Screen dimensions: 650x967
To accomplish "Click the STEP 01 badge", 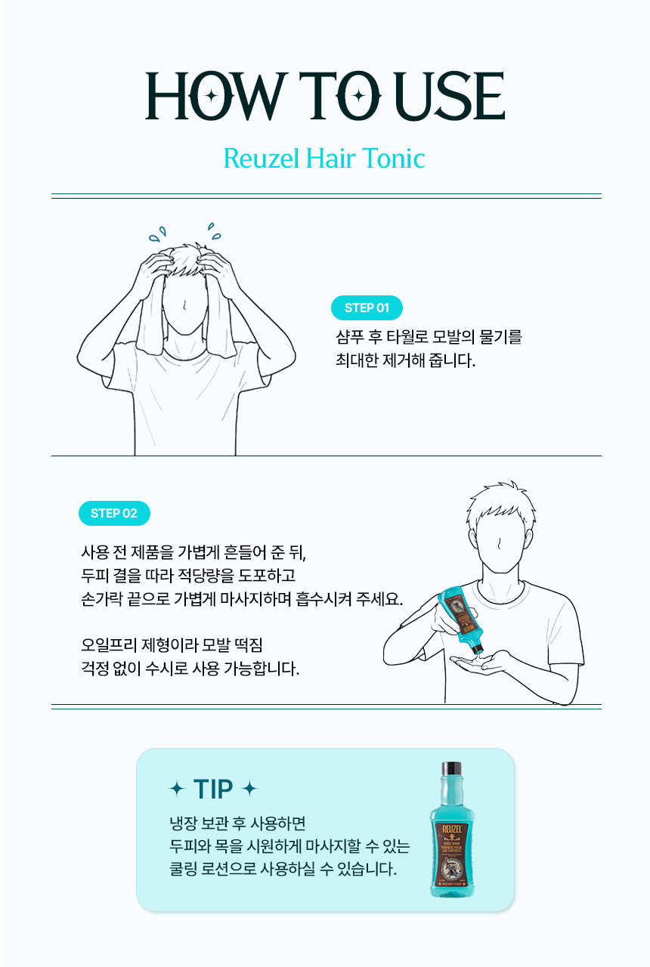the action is coord(367,307).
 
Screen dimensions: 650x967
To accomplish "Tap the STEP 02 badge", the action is coord(114,513).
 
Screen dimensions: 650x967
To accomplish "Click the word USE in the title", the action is coord(450,95).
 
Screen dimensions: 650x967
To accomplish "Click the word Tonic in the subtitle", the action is coord(394,158).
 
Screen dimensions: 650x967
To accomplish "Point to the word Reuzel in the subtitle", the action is coord(262,158).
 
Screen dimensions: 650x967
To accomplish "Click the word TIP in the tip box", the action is coord(213,789).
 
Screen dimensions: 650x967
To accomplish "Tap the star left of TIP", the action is coord(177,789).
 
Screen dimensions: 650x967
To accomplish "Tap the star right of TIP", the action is coord(249,789).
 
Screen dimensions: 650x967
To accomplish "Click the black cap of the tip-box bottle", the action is coord(451,768).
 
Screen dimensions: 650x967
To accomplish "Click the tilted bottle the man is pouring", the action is coord(461,619).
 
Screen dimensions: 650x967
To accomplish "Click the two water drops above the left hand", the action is coord(158,233).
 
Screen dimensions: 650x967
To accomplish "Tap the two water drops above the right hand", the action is coord(214,231).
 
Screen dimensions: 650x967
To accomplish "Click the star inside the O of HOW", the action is coord(211,96).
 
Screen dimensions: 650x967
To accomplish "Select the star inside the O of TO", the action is coord(358,96).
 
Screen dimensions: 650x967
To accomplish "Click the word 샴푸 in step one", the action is coord(349,337).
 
